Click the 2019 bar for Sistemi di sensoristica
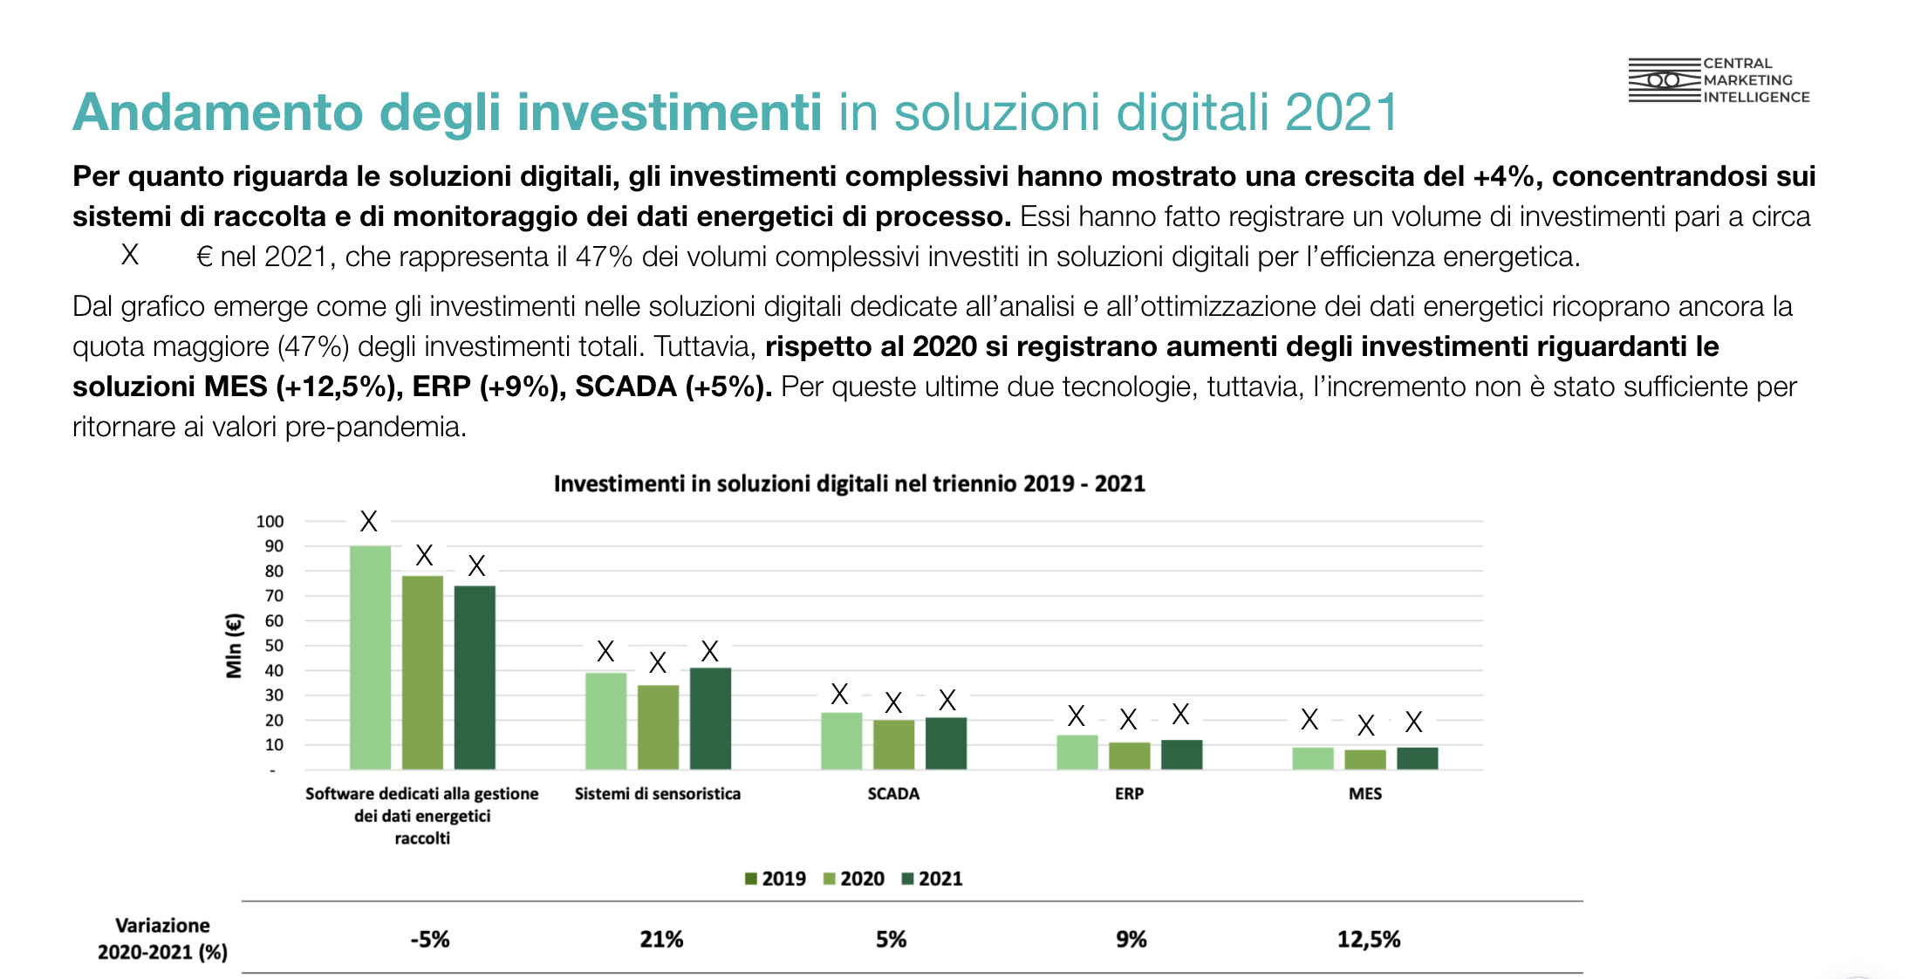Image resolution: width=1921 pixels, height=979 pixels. pyautogui.click(x=605, y=721)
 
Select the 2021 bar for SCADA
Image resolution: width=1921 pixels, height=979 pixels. pyautogui.click(x=946, y=743)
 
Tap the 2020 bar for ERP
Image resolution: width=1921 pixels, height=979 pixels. pyautogui.click(x=1129, y=756)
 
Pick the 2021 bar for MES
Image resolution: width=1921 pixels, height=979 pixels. pyautogui.click(x=1417, y=758)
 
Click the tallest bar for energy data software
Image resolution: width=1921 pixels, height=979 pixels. pyautogui.click(x=370, y=657)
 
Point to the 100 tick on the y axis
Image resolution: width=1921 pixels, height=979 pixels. pyautogui.click(x=270, y=522)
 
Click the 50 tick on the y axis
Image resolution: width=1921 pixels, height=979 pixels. pyautogui.click(x=274, y=646)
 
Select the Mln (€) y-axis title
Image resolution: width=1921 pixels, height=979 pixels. pyautogui.click(x=234, y=646)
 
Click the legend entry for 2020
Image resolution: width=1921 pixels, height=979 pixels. pyautogui.click(x=854, y=879)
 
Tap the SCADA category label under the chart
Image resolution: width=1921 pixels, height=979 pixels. pyautogui.click(x=893, y=794)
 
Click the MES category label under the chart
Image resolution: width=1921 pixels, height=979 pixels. pyautogui.click(x=1365, y=794)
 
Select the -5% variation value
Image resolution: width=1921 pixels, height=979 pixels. pyautogui.click(x=430, y=940)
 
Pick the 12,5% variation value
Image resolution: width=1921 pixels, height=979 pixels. pyautogui.click(x=1369, y=940)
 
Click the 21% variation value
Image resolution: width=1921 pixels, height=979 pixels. pyautogui.click(x=661, y=940)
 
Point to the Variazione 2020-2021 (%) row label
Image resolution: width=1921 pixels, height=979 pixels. pyautogui.click(x=162, y=939)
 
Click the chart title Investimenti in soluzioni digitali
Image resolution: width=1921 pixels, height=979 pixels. pyautogui.click(x=849, y=484)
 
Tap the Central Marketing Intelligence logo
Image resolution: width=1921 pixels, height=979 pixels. pyautogui.click(x=1719, y=80)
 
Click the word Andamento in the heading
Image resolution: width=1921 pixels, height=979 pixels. pyautogui.click(x=217, y=113)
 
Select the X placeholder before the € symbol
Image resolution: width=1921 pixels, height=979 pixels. pyautogui.click(x=130, y=255)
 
